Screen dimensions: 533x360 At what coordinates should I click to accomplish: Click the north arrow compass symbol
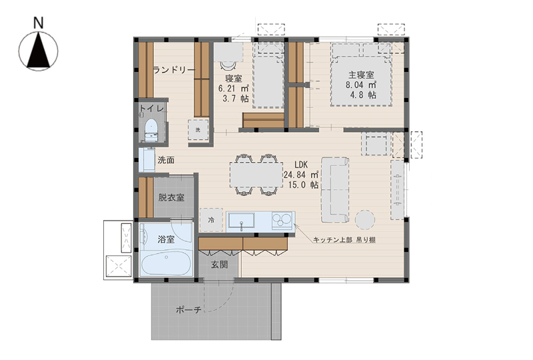point(38,51)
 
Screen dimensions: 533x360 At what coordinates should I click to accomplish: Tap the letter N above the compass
point(39,23)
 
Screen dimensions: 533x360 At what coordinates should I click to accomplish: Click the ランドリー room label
point(174,70)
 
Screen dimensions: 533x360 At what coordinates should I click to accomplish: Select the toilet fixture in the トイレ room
point(151,130)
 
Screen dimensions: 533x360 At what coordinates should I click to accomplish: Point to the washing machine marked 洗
point(198,129)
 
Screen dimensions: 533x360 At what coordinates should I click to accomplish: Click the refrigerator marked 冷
point(211,220)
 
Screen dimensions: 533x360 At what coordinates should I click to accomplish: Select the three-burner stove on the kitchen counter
point(282,219)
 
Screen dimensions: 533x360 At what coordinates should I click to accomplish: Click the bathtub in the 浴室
point(166,264)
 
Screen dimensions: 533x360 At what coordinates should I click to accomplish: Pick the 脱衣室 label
point(171,197)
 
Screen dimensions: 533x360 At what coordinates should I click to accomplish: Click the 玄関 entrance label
point(219,265)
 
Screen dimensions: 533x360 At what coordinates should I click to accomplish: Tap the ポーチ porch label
point(189,309)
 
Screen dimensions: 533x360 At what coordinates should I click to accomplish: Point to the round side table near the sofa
point(365,219)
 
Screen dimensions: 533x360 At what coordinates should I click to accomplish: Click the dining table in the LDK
point(257,175)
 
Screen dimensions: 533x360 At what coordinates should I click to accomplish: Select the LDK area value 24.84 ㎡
point(301,175)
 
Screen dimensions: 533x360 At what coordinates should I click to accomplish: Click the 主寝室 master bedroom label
point(361,75)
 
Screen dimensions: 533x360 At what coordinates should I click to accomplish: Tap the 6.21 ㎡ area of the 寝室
point(234,89)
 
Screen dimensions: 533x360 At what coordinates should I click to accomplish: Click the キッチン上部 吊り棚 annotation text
point(344,240)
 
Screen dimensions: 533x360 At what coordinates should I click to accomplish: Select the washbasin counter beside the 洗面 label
point(147,160)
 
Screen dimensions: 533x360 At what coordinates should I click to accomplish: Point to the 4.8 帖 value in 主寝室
point(363,95)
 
